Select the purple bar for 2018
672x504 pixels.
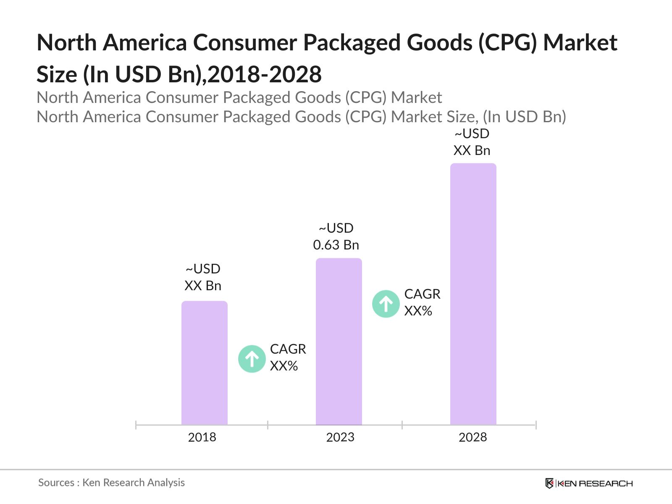pyautogui.click(x=204, y=363)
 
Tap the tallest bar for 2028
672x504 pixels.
pyautogui.click(x=473, y=294)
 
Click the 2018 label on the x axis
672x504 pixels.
pyautogui.click(x=202, y=437)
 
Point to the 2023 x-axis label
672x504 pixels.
pyautogui.click(x=340, y=437)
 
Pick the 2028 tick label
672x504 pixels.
pyautogui.click(x=472, y=437)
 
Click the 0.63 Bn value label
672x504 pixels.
pyautogui.click(x=336, y=244)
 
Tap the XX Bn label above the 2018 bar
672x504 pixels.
pyautogui.click(x=203, y=286)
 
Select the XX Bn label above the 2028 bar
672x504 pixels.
pyautogui.click(x=472, y=150)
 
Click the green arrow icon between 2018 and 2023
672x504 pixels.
pyautogui.click(x=252, y=359)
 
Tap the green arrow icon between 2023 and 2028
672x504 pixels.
pyautogui.click(x=386, y=304)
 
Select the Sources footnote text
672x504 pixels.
pyautogui.click(x=111, y=483)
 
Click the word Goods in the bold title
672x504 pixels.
pyautogui.click(x=431, y=42)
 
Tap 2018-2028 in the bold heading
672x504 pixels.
pyautogui.click(x=265, y=74)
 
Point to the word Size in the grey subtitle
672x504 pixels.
pyautogui.click(x=462, y=117)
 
